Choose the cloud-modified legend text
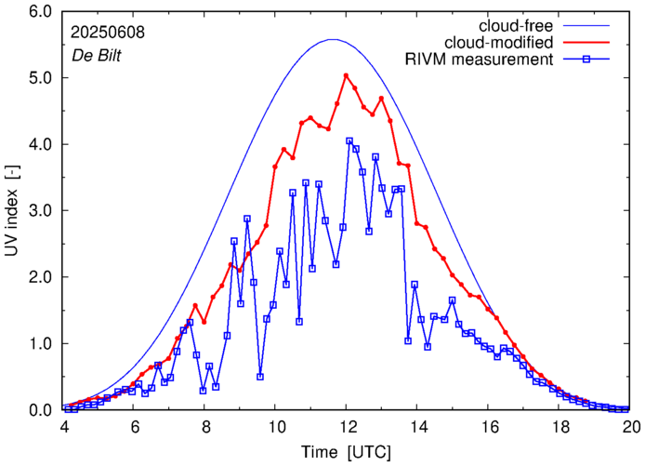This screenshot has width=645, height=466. pyautogui.click(x=501, y=43)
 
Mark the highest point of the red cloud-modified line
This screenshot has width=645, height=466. pyautogui.click(x=346, y=75)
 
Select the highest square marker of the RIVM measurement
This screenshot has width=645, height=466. pyautogui.click(x=349, y=141)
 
